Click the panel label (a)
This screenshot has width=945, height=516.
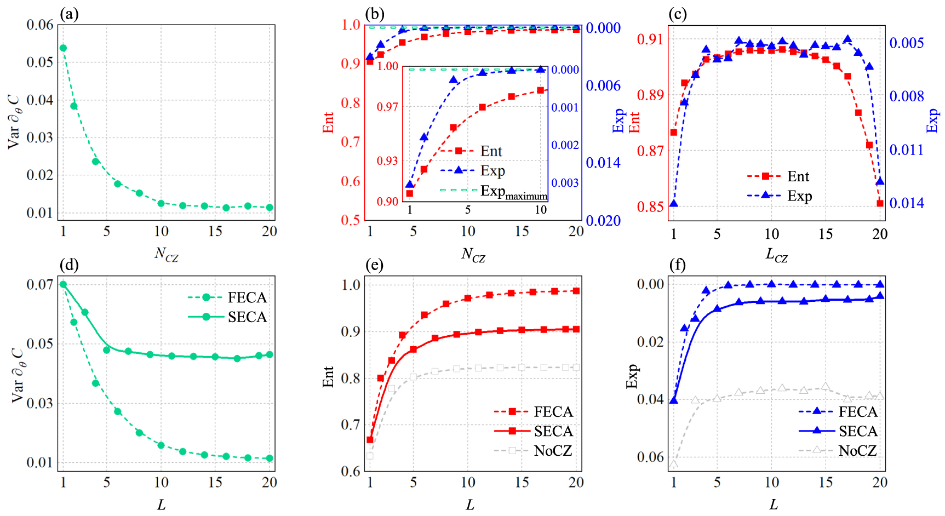70,14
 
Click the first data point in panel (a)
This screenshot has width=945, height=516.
63,48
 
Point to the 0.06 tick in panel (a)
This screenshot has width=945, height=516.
40,25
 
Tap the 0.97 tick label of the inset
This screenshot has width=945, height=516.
387,107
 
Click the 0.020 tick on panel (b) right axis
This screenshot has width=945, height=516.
603,220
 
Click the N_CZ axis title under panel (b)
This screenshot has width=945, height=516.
473,255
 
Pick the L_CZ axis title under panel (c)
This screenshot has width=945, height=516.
776,255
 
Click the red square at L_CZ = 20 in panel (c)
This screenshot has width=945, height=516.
880,203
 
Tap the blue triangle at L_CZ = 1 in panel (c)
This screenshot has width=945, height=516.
674,204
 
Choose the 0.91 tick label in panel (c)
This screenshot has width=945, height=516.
650,39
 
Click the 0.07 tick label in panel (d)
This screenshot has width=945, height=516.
40,284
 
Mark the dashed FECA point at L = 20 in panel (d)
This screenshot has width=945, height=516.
269,458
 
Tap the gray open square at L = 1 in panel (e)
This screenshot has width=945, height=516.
370,456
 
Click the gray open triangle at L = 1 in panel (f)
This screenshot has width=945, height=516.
674,464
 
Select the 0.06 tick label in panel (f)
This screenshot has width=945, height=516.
650,457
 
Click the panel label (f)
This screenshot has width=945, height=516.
677,265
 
